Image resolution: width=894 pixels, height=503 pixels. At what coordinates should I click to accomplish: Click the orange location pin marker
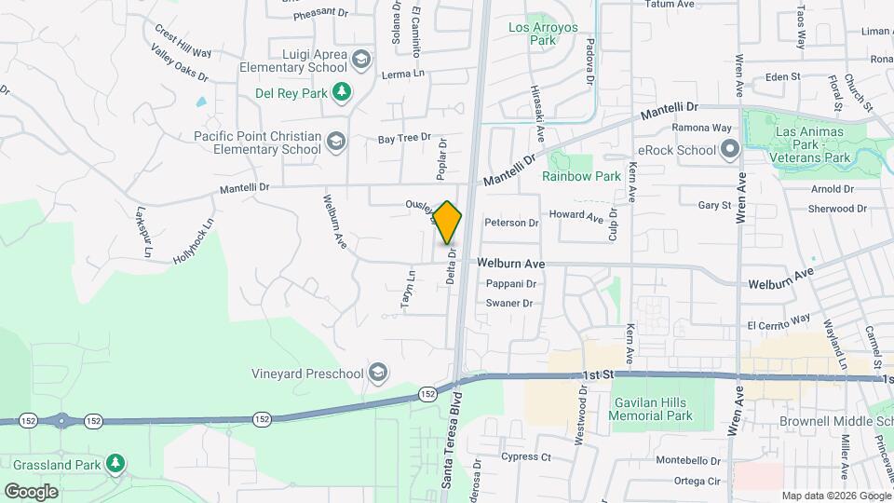click(448, 223)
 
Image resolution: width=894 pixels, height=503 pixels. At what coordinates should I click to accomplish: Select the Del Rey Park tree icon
click(344, 92)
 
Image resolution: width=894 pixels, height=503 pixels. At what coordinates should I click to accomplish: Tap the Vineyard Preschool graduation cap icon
click(378, 374)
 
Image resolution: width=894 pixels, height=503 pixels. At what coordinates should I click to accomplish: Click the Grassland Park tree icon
click(115, 463)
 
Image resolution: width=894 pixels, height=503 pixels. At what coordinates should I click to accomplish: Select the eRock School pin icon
click(729, 149)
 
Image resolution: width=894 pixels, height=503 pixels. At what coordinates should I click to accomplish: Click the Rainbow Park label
click(581, 176)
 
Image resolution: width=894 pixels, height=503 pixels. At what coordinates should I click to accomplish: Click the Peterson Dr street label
click(511, 223)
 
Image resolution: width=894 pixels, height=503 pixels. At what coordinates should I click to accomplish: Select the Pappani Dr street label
click(511, 284)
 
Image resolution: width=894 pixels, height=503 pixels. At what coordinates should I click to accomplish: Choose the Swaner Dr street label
click(509, 304)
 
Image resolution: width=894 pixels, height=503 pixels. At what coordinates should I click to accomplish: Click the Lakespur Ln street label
click(143, 230)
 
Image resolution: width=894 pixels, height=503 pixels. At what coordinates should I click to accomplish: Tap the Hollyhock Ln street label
click(193, 241)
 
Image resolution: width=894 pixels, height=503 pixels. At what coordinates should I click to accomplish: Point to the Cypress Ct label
click(526, 456)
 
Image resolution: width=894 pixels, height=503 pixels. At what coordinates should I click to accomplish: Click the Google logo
click(31, 491)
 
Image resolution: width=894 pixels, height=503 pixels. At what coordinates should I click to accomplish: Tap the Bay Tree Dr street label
click(404, 139)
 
